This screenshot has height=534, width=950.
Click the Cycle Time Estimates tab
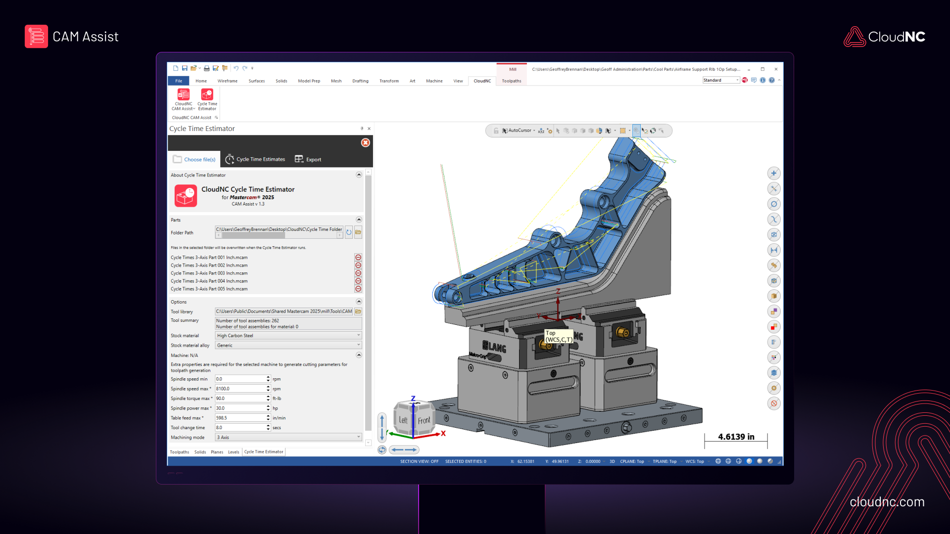pyautogui.click(x=255, y=159)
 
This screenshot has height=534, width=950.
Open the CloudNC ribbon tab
pyautogui.click(x=482, y=81)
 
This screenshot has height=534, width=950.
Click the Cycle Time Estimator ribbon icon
pyautogui.click(x=207, y=99)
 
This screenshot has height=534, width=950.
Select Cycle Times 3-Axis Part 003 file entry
pyautogui.click(x=209, y=273)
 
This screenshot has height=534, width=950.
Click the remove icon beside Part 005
pyautogui.click(x=358, y=289)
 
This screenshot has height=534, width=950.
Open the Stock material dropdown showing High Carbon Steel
pyautogui.click(x=288, y=335)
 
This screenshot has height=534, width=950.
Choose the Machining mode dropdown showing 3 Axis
pyautogui.click(x=288, y=437)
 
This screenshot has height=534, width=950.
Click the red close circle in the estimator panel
pyautogui.click(x=365, y=142)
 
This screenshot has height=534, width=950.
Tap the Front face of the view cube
pyautogui.click(x=424, y=421)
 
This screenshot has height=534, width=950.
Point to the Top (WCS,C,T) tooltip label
pyautogui.click(x=559, y=336)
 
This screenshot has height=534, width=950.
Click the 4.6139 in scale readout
pyautogui.click(x=736, y=437)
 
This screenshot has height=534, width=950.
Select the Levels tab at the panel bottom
pyautogui.click(x=234, y=452)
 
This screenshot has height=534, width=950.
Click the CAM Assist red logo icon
pyautogui.click(x=36, y=37)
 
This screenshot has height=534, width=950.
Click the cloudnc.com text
pyautogui.click(x=887, y=502)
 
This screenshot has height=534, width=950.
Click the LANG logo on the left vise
pyautogui.click(x=494, y=347)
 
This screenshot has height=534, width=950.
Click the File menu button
pyautogui.click(x=179, y=81)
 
